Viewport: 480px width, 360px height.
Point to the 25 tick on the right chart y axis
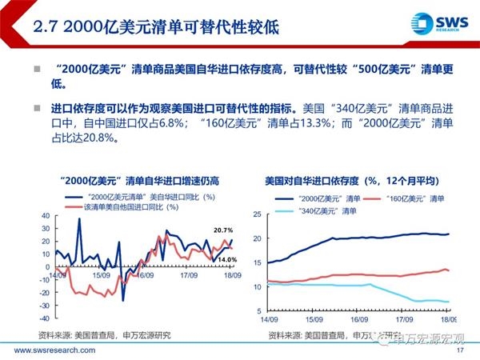(x=258, y=214)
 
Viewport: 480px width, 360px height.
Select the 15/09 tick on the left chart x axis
(x=100, y=274)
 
